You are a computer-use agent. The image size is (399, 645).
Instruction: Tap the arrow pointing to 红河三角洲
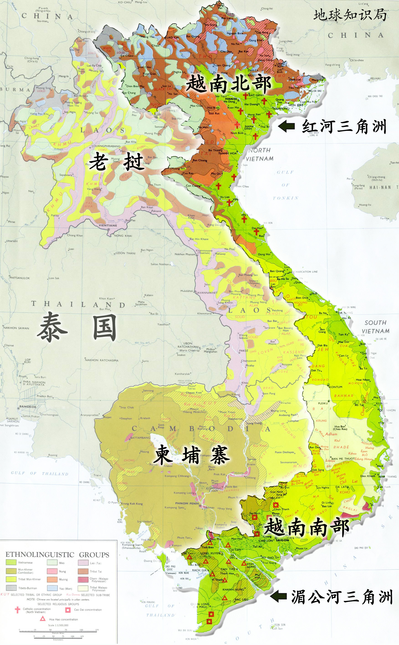(286, 126)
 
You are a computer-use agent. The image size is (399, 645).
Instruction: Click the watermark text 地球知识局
(350, 15)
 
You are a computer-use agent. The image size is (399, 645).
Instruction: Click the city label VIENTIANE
(108, 226)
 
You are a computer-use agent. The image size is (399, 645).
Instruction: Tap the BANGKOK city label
(28, 407)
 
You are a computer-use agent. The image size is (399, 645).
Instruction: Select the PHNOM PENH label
(187, 503)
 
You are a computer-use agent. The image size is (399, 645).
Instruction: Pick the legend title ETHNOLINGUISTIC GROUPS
(57, 555)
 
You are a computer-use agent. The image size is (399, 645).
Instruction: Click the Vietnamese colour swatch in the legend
(11, 563)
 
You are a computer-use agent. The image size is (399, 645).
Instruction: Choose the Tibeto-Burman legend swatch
(11, 588)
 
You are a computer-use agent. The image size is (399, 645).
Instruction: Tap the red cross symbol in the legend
(17, 610)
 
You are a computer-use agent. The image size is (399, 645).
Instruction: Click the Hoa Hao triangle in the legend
(43, 618)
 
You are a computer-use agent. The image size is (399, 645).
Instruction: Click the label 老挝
(116, 162)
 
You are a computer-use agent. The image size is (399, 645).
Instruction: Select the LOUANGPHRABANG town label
(106, 146)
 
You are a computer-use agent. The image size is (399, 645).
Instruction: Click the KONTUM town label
(336, 387)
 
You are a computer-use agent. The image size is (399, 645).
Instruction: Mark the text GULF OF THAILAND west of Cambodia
(40, 473)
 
